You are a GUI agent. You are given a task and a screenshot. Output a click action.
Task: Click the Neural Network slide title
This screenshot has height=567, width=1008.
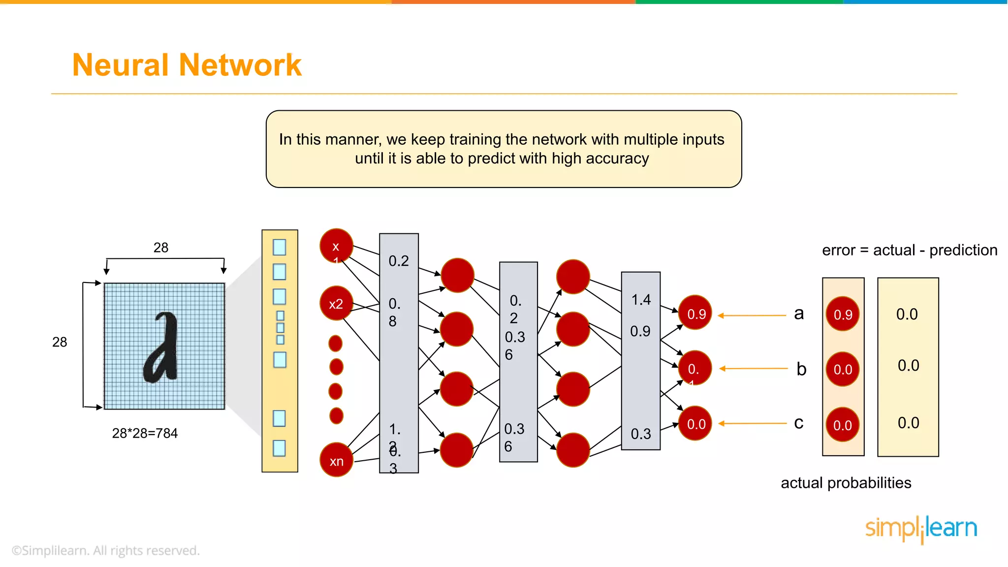pyautogui.click(x=187, y=65)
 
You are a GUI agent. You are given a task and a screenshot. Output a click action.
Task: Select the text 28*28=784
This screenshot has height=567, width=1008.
pyautogui.click(x=145, y=433)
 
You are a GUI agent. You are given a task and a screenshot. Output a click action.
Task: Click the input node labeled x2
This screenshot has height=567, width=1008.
pyautogui.click(x=336, y=304)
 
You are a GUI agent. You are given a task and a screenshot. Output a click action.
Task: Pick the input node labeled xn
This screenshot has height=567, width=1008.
pyautogui.click(x=337, y=461)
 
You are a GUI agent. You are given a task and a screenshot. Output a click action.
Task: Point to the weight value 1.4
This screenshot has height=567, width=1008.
pyautogui.click(x=641, y=300)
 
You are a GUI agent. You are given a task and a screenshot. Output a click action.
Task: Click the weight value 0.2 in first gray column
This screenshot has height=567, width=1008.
pyautogui.click(x=399, y=261)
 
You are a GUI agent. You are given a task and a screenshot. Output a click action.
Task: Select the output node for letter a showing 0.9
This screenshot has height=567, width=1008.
pyautogui.click(x=695, y=314)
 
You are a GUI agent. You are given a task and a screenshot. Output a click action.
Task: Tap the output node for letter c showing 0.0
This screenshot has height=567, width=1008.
pyautogui.click(x=695, y=424)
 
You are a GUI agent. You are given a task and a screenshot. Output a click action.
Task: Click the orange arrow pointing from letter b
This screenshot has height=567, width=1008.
pyautogui.click(x=753, y=368)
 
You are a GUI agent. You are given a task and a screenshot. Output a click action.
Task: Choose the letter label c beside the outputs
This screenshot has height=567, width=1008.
pyautogui.click(x=799, y=423)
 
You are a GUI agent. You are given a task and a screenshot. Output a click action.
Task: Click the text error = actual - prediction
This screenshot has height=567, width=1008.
pyautogui.click(x=910, y=250)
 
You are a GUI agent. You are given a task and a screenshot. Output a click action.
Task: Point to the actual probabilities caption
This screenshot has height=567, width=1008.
pyautogui.click(x=846, y=483)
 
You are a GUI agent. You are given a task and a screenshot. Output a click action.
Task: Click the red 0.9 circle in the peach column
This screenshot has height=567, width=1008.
pyautogui.click(x=843, y=314)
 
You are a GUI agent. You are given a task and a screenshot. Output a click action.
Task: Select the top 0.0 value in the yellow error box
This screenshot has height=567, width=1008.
pyautogui.click(x=907, y=314)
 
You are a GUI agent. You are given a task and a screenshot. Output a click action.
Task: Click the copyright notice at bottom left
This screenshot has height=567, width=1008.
pyautogui.click(x=106, y=550)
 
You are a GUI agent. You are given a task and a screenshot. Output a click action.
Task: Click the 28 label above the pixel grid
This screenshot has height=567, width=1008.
pyautogui.click(x=161, y=248)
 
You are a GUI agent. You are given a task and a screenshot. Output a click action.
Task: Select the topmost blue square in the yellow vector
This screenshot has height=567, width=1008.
pyautogui.click(x=279, y=247)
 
